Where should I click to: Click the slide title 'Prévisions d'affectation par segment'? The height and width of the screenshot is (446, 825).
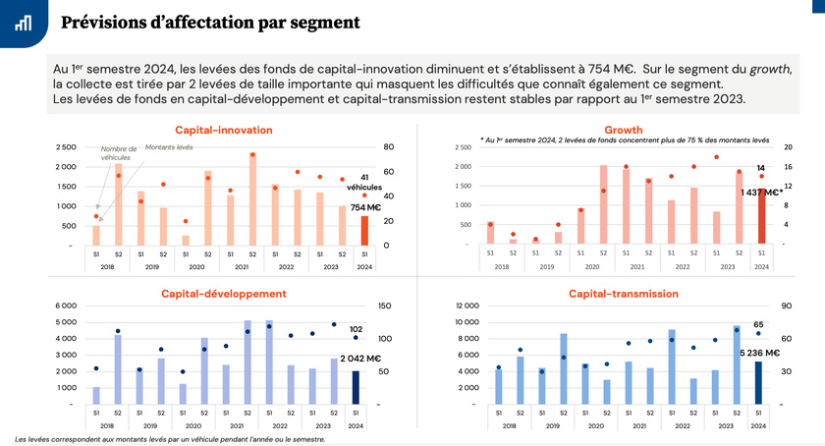tap(209, 22)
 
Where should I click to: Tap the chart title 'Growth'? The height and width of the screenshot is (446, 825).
tap(624, 130)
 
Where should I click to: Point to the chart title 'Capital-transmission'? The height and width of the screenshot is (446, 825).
tap(624, 293)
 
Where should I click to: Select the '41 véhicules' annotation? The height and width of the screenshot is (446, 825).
tap(364, 182)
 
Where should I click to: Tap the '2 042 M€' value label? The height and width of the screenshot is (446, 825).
tap(360, 361)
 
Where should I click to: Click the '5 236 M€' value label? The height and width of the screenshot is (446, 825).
tap(759, 353)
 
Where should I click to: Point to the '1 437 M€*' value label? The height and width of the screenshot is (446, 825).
tap(760, 193)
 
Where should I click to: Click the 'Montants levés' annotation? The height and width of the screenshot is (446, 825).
tap(168, 146)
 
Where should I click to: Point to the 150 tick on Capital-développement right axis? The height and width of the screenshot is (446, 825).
tap(384, 305)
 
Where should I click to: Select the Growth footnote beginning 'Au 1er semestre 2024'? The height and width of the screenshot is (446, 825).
tap(625, 140)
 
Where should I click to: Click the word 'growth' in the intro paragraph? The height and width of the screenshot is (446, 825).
tap(770, 69)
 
